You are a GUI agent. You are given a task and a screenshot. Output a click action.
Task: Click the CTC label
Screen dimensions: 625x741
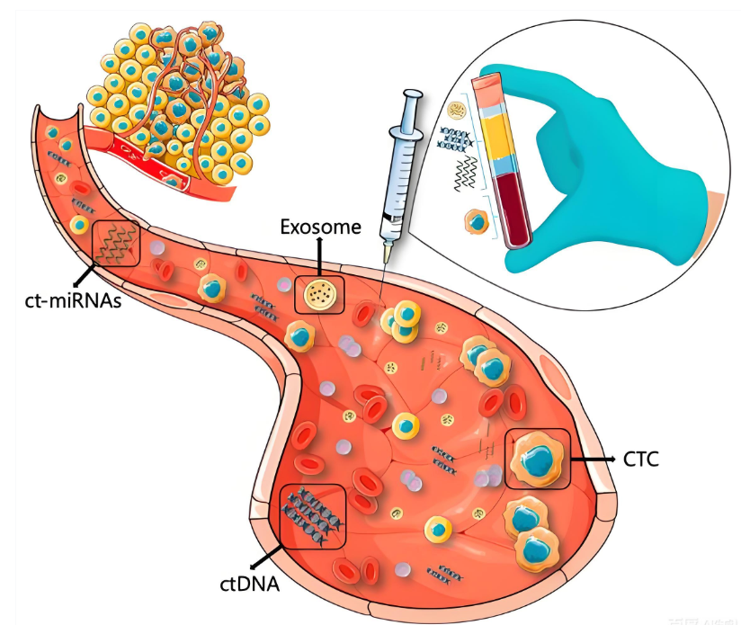click(640, 460)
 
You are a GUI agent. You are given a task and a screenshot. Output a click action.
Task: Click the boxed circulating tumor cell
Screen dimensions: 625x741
click(538, 459)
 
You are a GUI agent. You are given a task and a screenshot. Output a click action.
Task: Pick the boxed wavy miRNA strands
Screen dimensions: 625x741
click(117, 242)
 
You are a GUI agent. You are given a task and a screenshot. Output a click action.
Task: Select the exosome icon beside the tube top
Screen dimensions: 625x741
click(457, 112)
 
